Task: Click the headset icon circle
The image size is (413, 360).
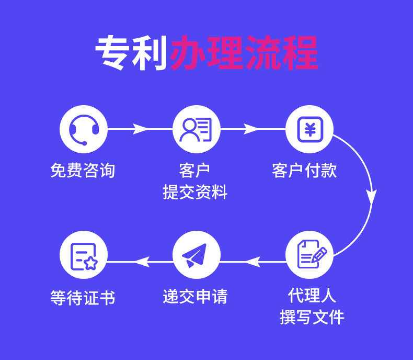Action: pos(84,129)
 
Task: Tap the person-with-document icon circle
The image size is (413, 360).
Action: pos(196,129)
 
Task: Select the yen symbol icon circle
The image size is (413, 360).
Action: pos(309,129)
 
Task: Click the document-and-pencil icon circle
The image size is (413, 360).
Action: pos(309,254)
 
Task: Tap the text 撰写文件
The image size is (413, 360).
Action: pos(312,317)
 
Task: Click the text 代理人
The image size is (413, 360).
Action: pos(312,295)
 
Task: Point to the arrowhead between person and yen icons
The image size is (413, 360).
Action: pos(251,129)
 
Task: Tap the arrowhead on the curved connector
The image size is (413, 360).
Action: pos(371,196)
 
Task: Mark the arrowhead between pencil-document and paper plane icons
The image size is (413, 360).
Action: pos(253,260)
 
